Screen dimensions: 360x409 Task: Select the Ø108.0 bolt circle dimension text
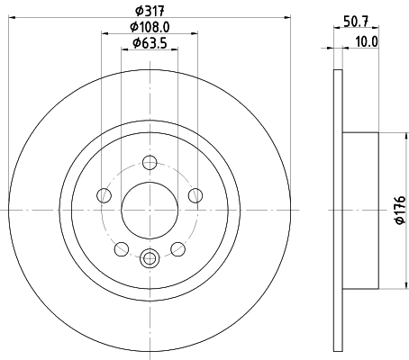click(x=150, y=26)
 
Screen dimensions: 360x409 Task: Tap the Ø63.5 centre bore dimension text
click(x=150, y=42)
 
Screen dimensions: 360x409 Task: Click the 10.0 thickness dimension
click(x=367, y=41)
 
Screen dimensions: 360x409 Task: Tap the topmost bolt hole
click(x=150, y=163)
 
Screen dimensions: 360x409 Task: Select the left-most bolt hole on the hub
click(x=105, y=197)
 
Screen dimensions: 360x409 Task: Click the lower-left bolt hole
click(x=122, y=247)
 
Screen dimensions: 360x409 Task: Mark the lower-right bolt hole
click(x=177, y=247)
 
